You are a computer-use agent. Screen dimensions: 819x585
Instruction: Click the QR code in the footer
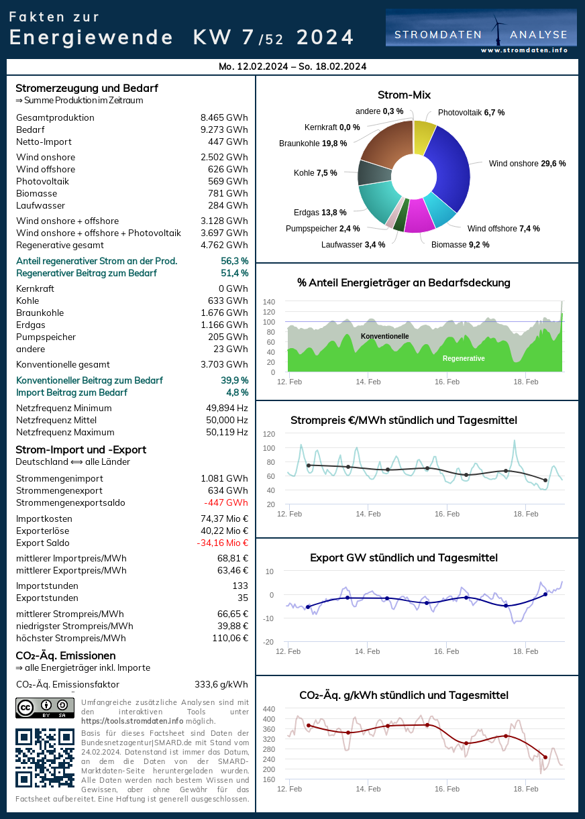click(x=44, y=757)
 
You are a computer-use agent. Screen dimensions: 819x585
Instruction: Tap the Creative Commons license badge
click(x=44, y=708)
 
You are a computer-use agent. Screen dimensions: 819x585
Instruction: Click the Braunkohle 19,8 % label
click(x=313, y=143)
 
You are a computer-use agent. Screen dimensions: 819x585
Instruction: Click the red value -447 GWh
click(x=226, y=503)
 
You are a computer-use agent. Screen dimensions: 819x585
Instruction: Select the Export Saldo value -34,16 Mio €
click(x=222, y=543)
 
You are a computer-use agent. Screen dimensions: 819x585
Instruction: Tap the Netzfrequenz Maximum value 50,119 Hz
click(x=227, y=433)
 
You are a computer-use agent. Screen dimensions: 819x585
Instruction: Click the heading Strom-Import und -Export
click(x=81, y=450)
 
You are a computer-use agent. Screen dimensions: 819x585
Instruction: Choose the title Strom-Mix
click(x=404, y=95)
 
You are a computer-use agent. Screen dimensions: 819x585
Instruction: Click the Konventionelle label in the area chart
click(x=384, y=336)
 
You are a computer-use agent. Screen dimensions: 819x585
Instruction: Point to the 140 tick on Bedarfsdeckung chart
click(x=268, y=302)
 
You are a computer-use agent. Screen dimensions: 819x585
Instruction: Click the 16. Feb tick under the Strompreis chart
click(x=447, y=514)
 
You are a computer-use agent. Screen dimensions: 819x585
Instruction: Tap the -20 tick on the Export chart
click(x=268, y=642)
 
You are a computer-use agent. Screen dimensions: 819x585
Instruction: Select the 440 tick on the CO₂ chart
click(x=268, y=709)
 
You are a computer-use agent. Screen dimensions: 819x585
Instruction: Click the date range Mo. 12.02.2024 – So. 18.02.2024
click(x=292, y=66)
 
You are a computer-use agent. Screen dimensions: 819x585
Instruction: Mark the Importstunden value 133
click(x=240, y=586)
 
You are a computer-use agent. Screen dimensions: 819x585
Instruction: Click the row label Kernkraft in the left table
click(x=35, y=289)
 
